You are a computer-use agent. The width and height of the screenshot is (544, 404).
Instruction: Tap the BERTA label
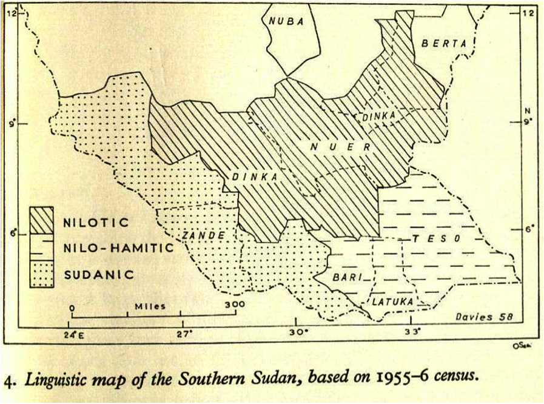[445, 43]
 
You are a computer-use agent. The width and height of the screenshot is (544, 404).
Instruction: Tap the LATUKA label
[392, 301]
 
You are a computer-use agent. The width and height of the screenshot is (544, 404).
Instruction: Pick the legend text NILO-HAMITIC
[118, 247]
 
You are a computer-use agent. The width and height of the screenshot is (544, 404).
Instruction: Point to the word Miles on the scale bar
[151, 306]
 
